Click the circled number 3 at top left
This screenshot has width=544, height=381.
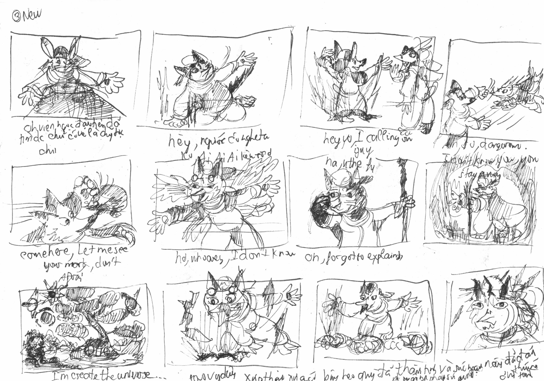click(16, 17)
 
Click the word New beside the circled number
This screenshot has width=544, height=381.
click(32, 14)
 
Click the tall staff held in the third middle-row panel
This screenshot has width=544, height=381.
click(404, 198)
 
